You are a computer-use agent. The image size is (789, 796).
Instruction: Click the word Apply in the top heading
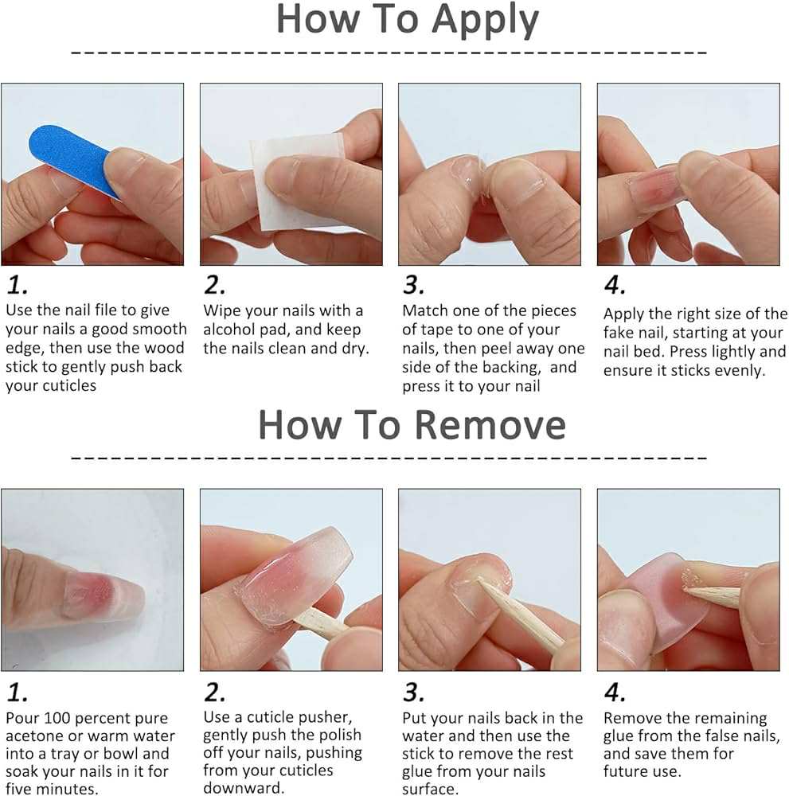485,21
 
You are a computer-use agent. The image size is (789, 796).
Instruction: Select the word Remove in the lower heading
490,425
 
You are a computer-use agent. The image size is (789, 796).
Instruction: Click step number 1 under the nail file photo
17,285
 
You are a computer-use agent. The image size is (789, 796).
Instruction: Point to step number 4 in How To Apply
615,285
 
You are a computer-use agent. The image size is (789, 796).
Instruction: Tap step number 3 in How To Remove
413,693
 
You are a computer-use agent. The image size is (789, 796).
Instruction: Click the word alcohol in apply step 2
228,330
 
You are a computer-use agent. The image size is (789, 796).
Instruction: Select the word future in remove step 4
627,771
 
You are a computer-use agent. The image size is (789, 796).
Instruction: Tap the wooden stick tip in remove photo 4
685,589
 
